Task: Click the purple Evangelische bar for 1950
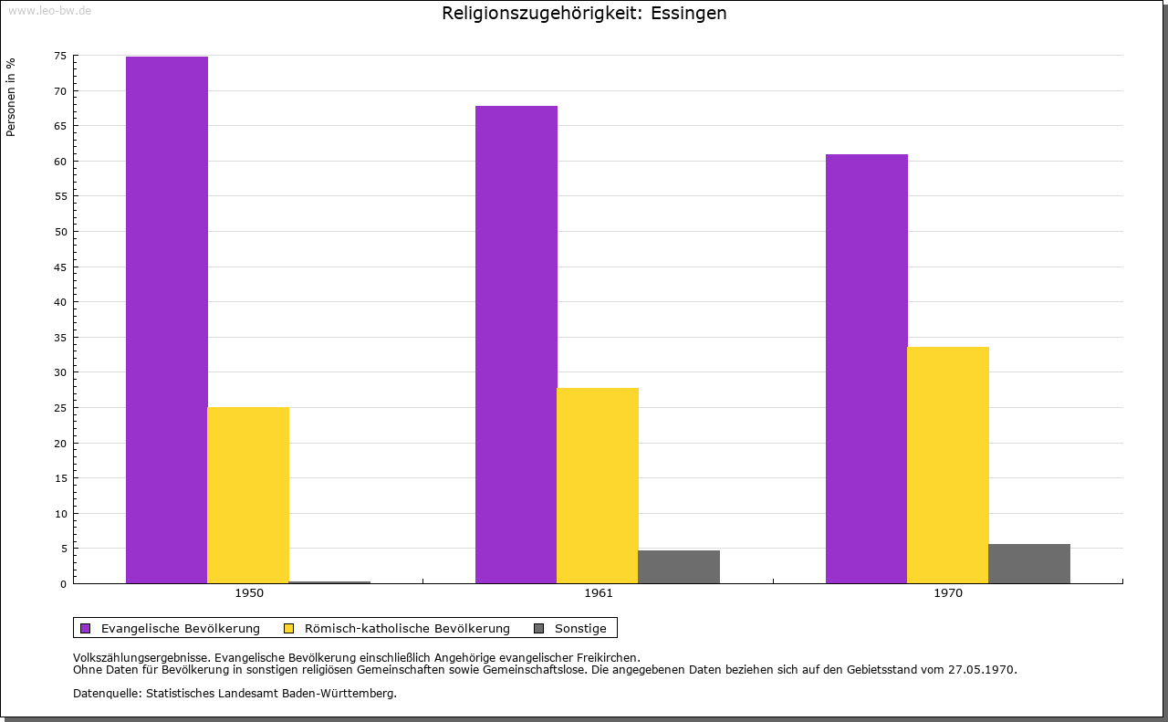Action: point(167,319)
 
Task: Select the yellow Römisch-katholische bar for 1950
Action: point(248,495)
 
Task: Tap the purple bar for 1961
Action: point(516,344)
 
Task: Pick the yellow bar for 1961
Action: point(598,486)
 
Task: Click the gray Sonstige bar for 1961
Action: point(679,567)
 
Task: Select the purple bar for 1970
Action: point(867,369)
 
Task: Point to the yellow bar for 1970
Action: point(948,465)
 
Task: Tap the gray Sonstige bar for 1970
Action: point(1029,563)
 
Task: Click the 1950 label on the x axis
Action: point(249,593)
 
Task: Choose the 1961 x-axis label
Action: point(599,593)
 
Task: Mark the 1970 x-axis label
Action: point(948,593)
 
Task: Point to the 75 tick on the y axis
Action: point(60,56)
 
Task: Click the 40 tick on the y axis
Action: point(60,302)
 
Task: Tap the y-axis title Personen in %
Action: point(11,97)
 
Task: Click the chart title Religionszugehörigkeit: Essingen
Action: point(584,14)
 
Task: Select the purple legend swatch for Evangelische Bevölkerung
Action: point(86,628)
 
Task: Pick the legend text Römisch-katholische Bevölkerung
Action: point(407,628)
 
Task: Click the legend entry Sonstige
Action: point(580,628)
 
